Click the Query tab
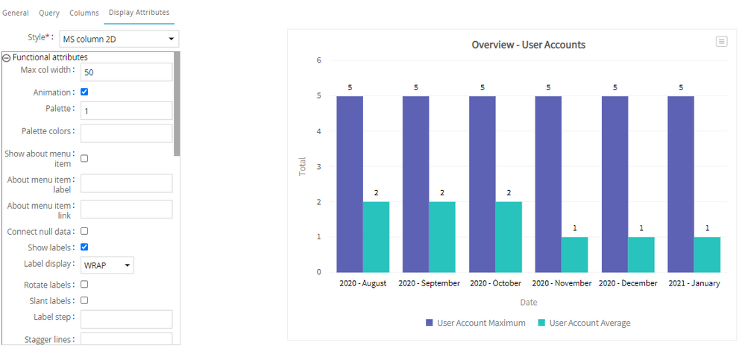(x=49, y=13)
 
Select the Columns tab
(x=84, y=13)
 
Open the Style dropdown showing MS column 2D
(x=119, y=39)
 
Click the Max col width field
(x=126, y=72)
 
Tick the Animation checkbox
(x=84, y=92)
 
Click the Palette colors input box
(x=126, y=133)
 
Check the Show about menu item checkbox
(x=84, y=159)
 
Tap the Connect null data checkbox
(x=84, y=231)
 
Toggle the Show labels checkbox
(x=84, y=247)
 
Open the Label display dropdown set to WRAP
(x=107, y=265)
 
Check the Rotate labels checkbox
(x=84, y=284)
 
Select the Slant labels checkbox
(x=84, y=300)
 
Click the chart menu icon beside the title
(x=721, y=42)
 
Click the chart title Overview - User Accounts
(x=528, y=45)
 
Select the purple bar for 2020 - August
(x=350, y=183)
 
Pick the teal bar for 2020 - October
(x=509, y=236)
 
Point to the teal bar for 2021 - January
(x=707, y=254)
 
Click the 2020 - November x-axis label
(x=562, y=284)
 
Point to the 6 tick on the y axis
(x=318, y=60)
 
